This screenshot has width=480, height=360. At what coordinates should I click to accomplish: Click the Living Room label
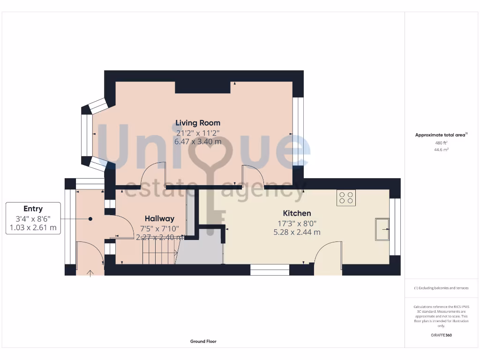coord(197,123)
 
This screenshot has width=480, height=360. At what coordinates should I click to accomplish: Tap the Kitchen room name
coord(297,213)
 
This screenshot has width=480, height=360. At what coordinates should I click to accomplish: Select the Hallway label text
coord(159,218)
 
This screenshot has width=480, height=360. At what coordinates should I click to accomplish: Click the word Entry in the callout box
coord(33,209)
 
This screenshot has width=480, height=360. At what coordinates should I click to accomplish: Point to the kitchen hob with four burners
coord(346,198)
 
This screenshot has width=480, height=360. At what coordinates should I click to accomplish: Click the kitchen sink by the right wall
coord(382,229)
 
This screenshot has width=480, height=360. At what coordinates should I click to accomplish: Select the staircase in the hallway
coord(159,253)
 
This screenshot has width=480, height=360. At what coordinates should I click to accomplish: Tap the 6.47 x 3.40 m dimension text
coord(197,141)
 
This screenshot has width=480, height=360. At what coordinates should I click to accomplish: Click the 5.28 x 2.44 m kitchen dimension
coord(297,232)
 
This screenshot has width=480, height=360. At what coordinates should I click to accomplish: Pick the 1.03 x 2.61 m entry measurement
coord(33,228)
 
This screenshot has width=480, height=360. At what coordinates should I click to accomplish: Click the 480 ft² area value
coord(441,143)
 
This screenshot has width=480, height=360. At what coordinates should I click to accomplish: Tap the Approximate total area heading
coord(440,135)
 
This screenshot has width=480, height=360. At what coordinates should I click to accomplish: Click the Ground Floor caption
coord(203,341)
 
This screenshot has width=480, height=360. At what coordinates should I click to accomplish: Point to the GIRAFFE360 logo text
coord(441,335)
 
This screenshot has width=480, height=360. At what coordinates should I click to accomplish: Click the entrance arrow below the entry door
coord(90,272)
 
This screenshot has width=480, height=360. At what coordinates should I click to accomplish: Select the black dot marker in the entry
coord(90,218)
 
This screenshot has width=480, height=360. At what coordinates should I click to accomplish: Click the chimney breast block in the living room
coord(202,87)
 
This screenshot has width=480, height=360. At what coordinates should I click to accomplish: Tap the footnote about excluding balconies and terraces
coord(441,288)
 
